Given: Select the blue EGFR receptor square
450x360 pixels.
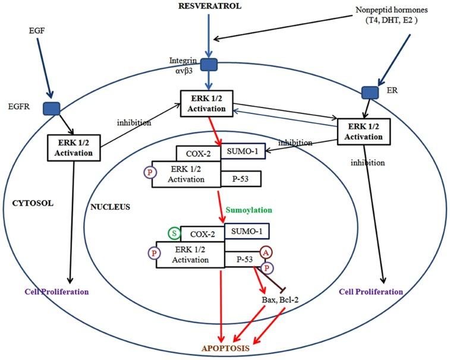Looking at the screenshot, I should pyautogui.click(x=49, y=108).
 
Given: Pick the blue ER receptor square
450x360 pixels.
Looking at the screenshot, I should pyautogui.click(x=370, y=92).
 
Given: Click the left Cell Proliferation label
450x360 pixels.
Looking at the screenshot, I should pyautogui.click(x=56, y=292).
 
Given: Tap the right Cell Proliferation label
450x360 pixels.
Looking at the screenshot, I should pyautogui.click(x=370, y=292).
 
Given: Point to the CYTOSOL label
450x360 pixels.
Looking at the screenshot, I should pyautogui.click(x=33, y=203).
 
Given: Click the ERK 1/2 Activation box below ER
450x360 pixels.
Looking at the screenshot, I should pyautogui.click(x=364, y=131).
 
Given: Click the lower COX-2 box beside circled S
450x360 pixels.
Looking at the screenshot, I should pyautogui.click(x=202, y=234).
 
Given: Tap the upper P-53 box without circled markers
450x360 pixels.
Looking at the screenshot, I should pyautogui.click(x=240, y=177).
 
